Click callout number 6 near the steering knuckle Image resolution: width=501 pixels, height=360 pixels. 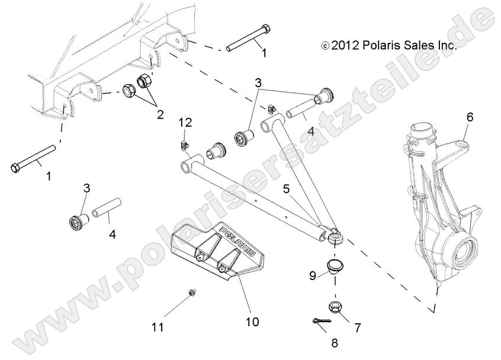pyautogui.click(x=470, y=117)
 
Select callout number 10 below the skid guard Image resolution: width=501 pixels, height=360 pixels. pyautogui.click(x=252, y=322)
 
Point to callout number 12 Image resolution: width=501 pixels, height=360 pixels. pyautogui.click(x=186, y=123)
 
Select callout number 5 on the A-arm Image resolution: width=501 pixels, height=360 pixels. pyautogui.click(x=286, y=190)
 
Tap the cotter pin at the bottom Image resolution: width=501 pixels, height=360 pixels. pyautogui.click(x=320, y=322)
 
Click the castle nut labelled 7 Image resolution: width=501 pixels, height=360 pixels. pyautogui.click(x=334, y=307)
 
